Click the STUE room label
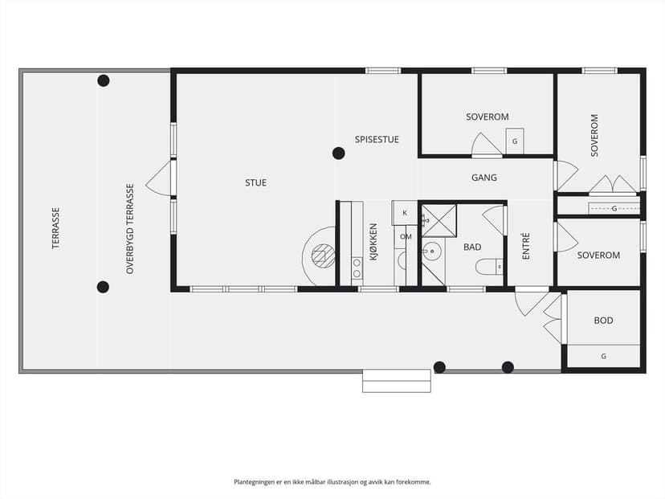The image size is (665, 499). pyautogui.click(x=255, y=183)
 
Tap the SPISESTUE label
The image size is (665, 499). pyautogui.click(x=377, y=140)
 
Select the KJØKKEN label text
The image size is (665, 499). pyautogui.click(x=373, y=242)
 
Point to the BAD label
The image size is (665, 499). pyautogui.click(x=472, y=247)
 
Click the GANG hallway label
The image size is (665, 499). pyautogui.click(x=484, y=178)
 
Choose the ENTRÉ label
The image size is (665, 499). pyautogui.click(x=526, y=246)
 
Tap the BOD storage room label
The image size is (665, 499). pyautogui.click(x=603, y=321)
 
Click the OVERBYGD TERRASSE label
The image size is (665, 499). pyautogui.click(x=130, y=229)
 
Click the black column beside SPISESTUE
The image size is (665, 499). pyautogui.click(x=338, y=153)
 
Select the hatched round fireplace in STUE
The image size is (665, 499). pyautogui.click(x=323, y=256)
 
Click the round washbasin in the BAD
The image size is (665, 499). pyautogui.click(x=432, y=251)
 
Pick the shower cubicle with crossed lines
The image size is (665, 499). pyautogui.click(x=439, y=221)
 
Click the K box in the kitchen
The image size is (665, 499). pyautogui.click(x=404, y=213)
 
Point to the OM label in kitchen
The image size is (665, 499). pyautogui.click(x=406, y=237)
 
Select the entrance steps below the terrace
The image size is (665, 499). pyautogui.click(x=397, y=381)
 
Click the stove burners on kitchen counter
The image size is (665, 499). pyautogui.click(x=357, y=268)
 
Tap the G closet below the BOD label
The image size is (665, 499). pyautogui.click(x=603, y=357)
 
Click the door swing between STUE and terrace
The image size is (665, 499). pyautogui.click(x=158, y=178)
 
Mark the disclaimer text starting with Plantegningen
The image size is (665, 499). pyautogui.click(x=332, y=482)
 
